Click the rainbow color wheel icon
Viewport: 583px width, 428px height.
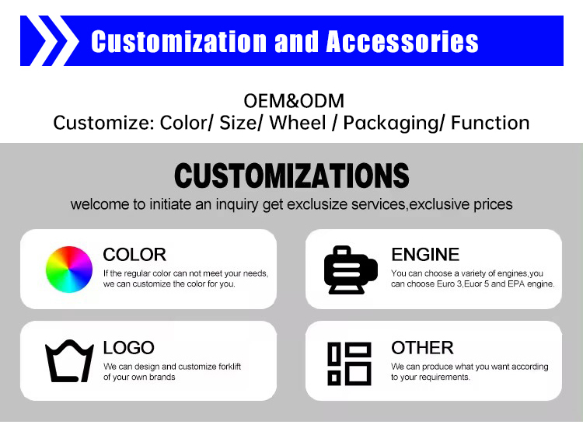[x=69, y=269]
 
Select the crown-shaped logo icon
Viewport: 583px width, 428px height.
[x=69, y=362]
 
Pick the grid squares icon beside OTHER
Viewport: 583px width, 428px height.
[x=350, y=362]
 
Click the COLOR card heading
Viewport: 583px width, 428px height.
[x=134, y=255]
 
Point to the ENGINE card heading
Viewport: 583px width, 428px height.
[x=425, y=255]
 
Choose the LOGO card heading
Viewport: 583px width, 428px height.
[x=129, y=348]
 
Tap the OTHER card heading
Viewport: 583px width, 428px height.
[x=422, y=347]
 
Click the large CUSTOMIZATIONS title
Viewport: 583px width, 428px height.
[x=291, y=176]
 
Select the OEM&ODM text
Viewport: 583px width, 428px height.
[x=294, y=101]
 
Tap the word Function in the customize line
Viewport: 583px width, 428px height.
[x=490, y=123]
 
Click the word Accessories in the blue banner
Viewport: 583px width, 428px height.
[x=403, y=41]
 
